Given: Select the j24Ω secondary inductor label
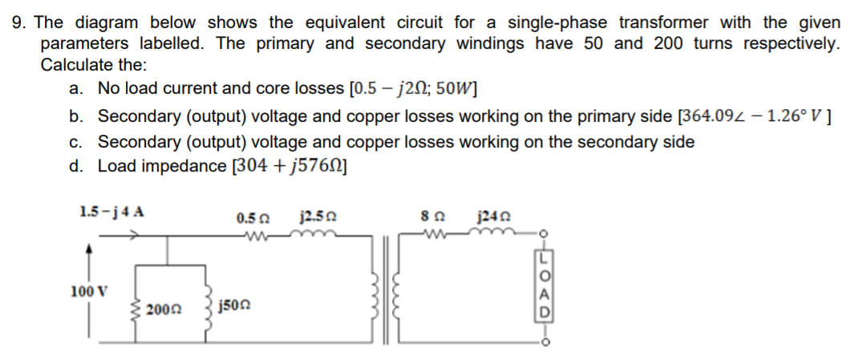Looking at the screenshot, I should [491, 217].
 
